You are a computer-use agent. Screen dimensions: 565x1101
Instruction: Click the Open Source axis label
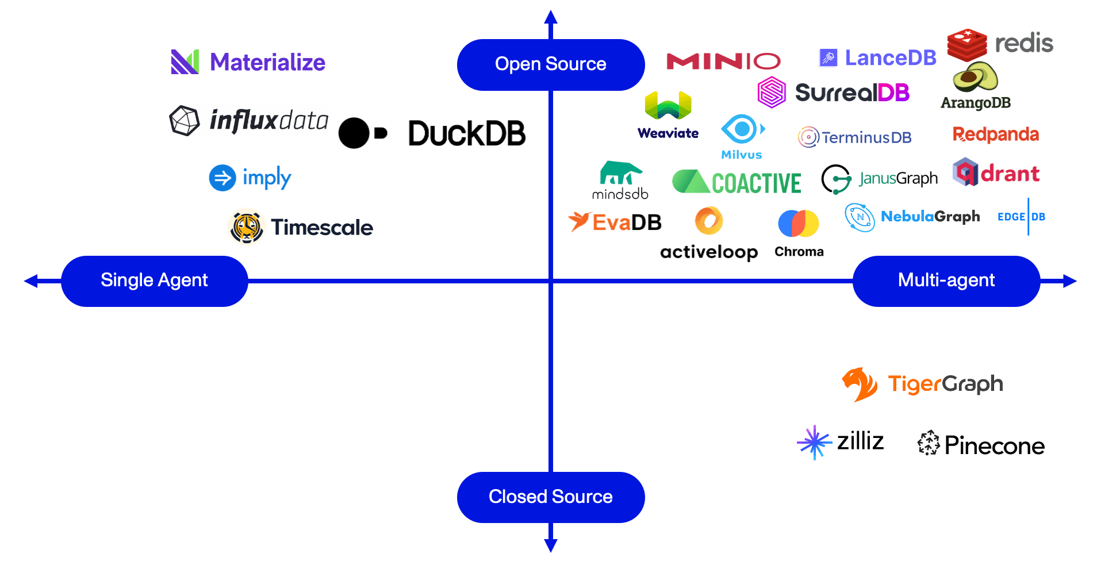[x=550, y=64]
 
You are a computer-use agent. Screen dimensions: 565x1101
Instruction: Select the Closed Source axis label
[x=550, y=497]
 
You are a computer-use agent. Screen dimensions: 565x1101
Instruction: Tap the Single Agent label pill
[x=154, y=280]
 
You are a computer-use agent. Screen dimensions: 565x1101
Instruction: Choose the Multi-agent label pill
[x=946, y=280]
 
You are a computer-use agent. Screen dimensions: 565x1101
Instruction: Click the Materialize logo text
[x=267, y=62]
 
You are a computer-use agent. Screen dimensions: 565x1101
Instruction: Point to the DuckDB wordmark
[x=466, y=133]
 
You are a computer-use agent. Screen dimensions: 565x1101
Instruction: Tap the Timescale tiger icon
[x=247, y=227]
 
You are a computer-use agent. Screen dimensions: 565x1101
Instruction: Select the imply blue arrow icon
[x=222, y=178]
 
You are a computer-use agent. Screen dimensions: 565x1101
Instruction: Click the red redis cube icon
[x=967, y=44]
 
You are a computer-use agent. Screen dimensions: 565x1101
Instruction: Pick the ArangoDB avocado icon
[x=975, y=77]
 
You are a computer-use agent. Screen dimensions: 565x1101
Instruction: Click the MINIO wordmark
[x=723, y=61]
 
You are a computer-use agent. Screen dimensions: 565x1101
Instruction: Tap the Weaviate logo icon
[x=667, y=105]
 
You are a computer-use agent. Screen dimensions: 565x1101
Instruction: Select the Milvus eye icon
[x=742, y=129]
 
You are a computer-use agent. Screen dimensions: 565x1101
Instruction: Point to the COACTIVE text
[x=756, y=184]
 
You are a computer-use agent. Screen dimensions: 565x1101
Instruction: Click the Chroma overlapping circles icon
[x=798, y=224]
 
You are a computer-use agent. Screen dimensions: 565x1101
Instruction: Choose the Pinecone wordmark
[x=994, y=446]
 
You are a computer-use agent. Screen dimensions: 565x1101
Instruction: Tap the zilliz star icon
[x=814, y=442]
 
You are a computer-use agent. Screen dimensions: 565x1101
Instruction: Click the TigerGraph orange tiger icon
[x=860, y=384]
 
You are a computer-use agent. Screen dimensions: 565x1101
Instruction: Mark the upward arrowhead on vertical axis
[x=551, y=17]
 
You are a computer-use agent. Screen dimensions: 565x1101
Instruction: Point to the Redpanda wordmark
[x=995, y=134]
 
